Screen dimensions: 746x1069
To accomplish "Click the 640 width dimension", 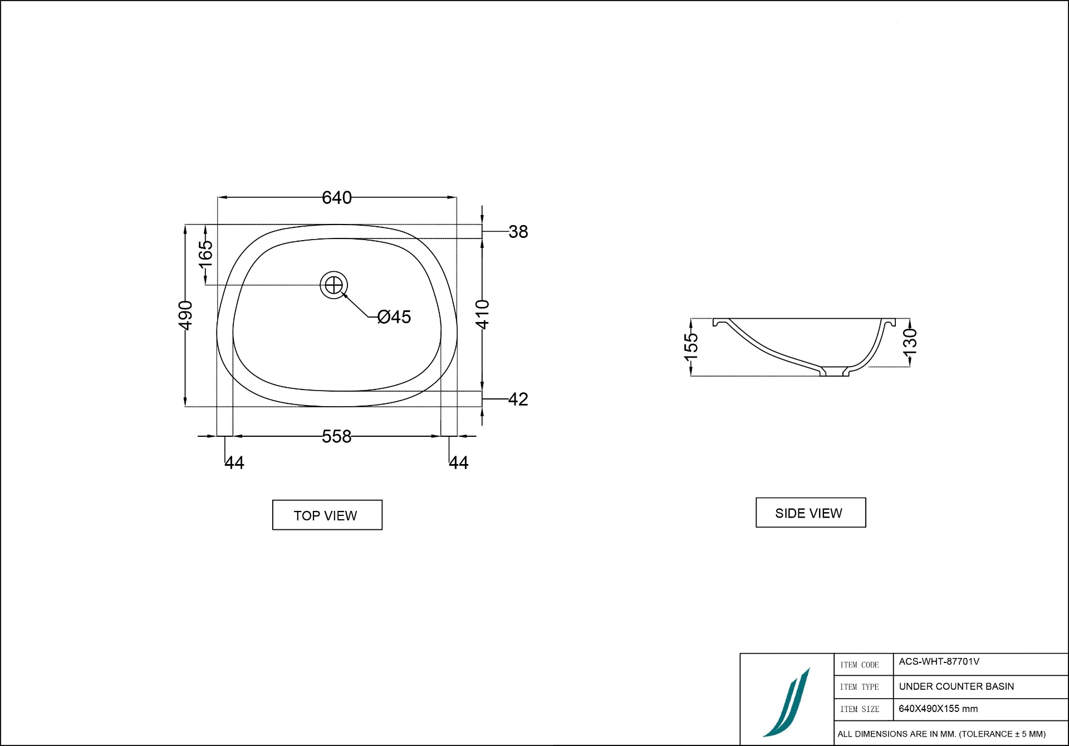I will (336, 198).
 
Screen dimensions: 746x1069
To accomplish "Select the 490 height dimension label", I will (185, 315).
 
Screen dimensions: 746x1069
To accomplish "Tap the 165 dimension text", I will (206, 254).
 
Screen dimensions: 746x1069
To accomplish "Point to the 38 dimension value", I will (518, 232).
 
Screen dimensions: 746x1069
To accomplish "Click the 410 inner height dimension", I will (482, 314).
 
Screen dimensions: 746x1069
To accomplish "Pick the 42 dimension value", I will (518, 399).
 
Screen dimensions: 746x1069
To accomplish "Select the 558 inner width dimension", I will (336, 436).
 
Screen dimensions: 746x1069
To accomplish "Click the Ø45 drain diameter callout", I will (394, 317).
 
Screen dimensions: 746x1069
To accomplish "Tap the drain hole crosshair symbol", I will (334, 285).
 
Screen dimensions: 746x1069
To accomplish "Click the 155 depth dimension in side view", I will (690, 346).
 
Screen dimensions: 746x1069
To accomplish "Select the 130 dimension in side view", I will (910, 342).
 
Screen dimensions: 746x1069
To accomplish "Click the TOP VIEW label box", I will (327, 515).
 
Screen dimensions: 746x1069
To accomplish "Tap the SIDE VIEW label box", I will (810, 513).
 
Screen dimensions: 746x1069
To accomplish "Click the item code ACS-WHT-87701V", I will (939, 662).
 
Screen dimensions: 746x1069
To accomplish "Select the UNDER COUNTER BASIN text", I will (956, 686).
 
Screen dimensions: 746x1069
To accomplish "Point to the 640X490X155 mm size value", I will (938, 709).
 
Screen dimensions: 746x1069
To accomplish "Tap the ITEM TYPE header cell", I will (859, 687).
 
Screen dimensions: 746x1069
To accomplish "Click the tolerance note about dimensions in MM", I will (941, 734).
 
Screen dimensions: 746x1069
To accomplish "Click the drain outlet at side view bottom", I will (834, 372).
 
